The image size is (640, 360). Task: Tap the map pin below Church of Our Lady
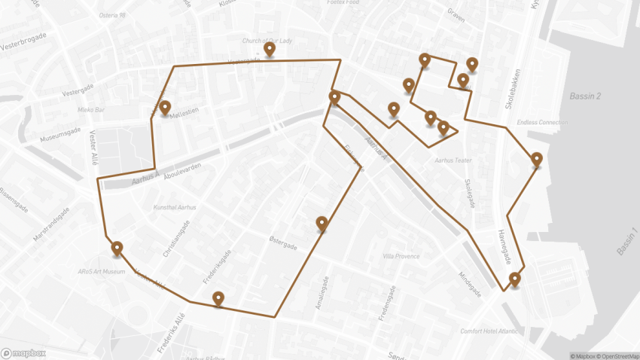point(270,50)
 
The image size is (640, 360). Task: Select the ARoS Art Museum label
point(101,271)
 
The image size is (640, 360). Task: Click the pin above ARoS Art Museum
point(117,249)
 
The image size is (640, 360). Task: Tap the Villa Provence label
point(401,256)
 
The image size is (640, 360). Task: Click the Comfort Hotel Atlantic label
point(489,331)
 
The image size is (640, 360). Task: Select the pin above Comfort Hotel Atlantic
point(514,280)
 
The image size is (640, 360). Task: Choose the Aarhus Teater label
point(453,160)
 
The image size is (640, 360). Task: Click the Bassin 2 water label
point(585,96)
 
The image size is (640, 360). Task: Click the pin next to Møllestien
point(164,108)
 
